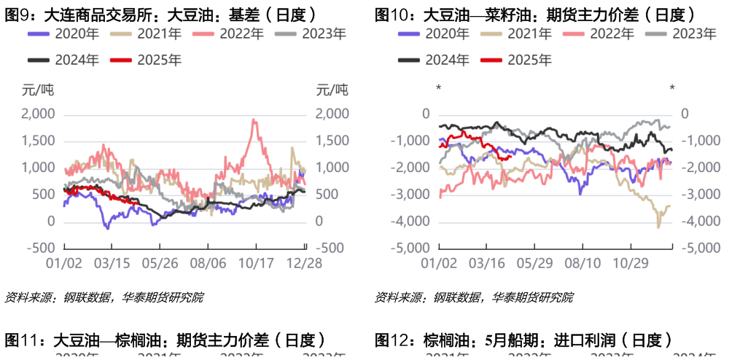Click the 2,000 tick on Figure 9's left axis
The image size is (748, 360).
pyautogui.click(x=39, y=114)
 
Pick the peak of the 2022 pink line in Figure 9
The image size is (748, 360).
pyautogui.click(x=253, y=120)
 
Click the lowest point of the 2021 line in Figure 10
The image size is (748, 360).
pyautogui.click(x=658, y=227)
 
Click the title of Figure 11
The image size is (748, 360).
pyautogui.click(x=165, y=340)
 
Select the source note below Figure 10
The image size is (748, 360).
pyautogui.click(x=474, y=297)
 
